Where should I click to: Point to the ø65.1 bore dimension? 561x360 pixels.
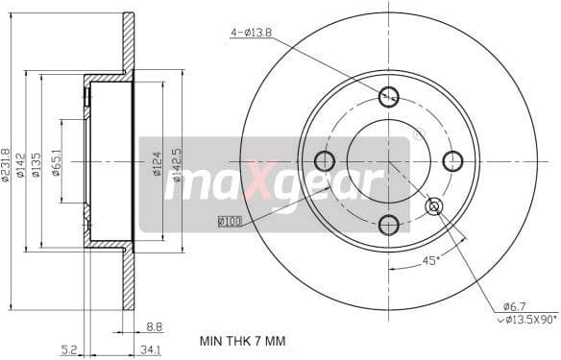click(x=57, y=161)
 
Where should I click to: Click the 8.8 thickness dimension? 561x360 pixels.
click(x=153, y=325)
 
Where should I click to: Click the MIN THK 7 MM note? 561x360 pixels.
click(x=242, y=341)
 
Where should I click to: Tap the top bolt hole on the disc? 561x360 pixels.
click(x=388, y=96)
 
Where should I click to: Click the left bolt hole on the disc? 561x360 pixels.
click(x=325, y=160)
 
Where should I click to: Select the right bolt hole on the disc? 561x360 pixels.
click(x=452, y=160)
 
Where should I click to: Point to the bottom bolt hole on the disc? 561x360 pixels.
click(x=388, y=225)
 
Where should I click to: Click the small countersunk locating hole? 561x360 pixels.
click(x=433, y=205)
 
